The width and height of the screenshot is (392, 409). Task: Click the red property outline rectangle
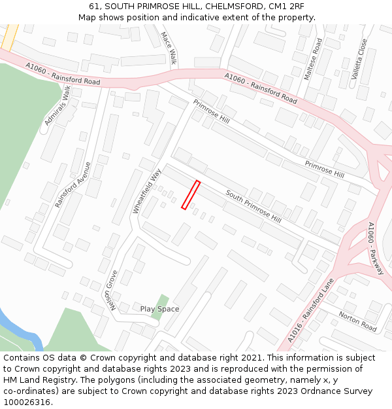point(190,195)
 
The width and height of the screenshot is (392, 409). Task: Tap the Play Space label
point(159,309)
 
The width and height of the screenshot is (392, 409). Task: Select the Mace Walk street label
point(169,48)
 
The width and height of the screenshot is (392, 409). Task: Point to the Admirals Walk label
point(57,106)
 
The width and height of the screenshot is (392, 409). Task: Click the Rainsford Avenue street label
point(73,185)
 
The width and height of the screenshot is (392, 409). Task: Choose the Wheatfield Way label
point(146,191)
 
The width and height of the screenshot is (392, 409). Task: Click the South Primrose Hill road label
point(253,205)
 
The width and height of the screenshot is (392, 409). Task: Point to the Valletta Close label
point(359,59)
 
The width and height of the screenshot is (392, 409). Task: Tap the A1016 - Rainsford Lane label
point(310,311)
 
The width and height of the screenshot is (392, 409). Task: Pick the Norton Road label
point(357,321)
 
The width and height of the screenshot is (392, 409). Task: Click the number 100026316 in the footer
point(27,402)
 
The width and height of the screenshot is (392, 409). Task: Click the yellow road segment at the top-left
point(9,37)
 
